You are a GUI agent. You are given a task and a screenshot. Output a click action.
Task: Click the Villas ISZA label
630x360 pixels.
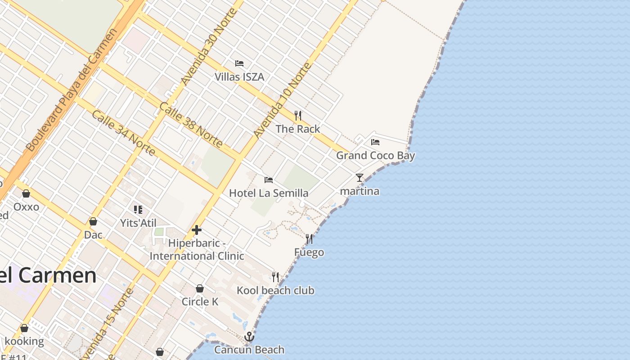click(239, 77)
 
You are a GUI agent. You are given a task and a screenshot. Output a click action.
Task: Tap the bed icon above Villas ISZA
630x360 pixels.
click(239, 63)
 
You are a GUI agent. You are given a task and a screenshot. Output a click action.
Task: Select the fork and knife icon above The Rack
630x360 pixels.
click(297, 115)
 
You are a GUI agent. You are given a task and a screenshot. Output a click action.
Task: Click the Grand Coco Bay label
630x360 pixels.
click(375, 156)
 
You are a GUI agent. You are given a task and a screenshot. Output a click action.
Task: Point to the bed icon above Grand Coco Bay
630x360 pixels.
click(375, 142)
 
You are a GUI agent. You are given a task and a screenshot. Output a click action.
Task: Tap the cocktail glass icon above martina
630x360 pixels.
click(359, 178)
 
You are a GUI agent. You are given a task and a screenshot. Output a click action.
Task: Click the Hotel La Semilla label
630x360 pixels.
click(269, 193)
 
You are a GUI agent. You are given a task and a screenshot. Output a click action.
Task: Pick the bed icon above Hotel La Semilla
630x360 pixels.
click(269, 180)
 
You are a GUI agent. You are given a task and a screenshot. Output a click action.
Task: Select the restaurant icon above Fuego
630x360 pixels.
click(309, 239)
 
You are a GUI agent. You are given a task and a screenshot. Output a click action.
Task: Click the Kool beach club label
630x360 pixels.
click(275, 291)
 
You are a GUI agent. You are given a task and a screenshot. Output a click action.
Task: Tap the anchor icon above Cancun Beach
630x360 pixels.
click(249, 337)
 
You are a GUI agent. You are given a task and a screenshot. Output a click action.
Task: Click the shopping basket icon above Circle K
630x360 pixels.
click(200, 288)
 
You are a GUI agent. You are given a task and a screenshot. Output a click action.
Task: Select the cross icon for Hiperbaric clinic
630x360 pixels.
click(197, 230)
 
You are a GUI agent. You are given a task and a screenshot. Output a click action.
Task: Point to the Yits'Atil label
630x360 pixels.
click(138, 223)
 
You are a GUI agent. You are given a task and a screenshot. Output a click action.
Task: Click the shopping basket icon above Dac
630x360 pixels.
click(93, 221)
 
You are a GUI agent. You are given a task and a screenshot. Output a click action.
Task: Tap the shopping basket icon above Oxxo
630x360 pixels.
click(26, 193)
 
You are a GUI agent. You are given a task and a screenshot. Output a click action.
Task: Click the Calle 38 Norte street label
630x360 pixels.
click(191, 125)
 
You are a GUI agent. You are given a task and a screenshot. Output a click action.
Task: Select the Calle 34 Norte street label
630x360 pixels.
click(124, 132)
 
